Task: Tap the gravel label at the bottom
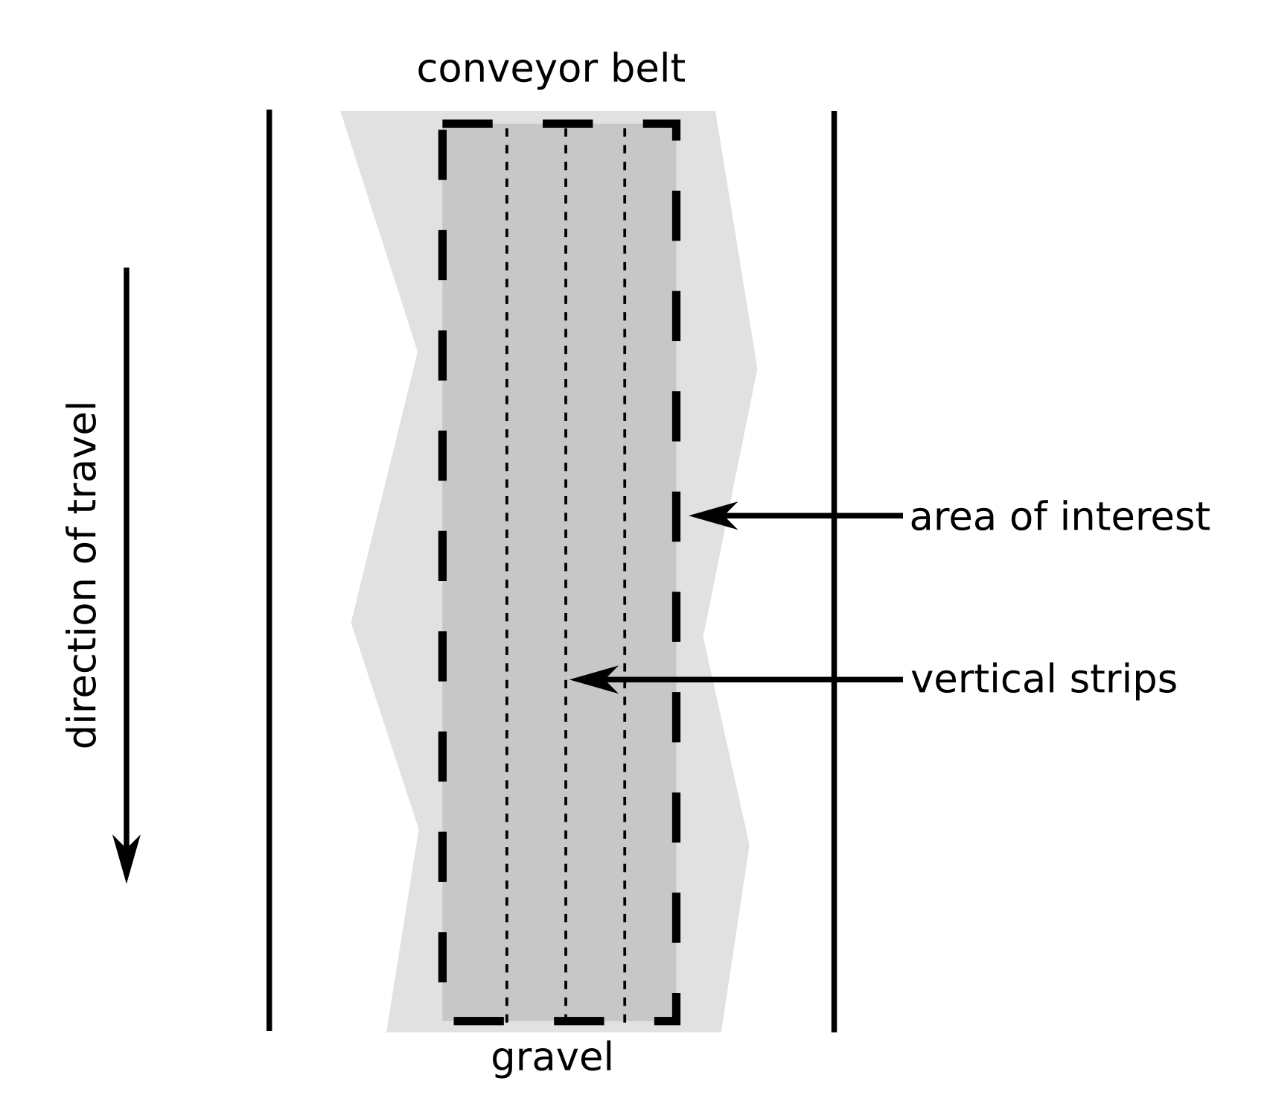552,1058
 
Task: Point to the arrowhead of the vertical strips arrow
593,679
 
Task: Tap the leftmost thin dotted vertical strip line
507,447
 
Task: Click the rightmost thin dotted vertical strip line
625,447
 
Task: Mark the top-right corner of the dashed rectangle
676,124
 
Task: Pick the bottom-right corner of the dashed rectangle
676,1019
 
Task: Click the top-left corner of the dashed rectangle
444,124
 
